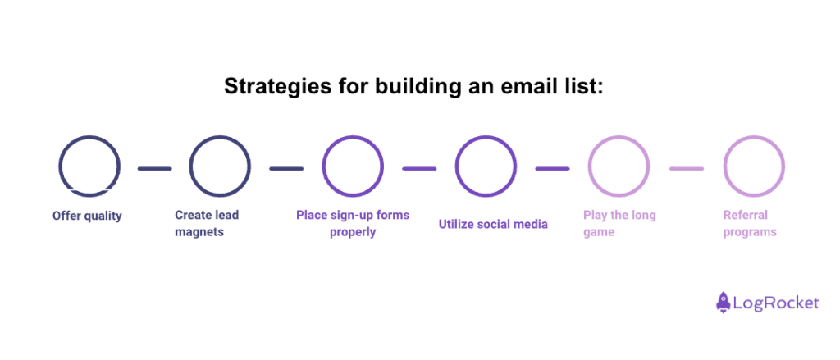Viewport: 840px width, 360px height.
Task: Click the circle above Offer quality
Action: [89, 168]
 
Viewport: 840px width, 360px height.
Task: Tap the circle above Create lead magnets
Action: [220, 168]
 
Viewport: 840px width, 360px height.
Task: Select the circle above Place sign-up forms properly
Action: [353, 168]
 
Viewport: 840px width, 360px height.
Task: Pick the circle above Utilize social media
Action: [486, 168]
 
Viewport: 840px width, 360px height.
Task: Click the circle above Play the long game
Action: [619, 168]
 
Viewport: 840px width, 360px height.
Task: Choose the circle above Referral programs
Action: [753, 168]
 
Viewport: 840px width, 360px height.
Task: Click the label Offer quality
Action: [87, 216]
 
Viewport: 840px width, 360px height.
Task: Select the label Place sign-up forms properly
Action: [353, 223]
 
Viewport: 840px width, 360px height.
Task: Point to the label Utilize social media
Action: [493, 224]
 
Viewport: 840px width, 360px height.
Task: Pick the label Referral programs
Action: [750, 223]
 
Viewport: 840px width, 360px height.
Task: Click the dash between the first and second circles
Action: [154, 169]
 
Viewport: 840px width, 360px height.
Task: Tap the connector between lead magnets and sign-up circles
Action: [286, 169]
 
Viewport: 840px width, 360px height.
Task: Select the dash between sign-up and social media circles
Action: [419, 169]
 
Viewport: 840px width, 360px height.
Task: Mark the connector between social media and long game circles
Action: [552, 169]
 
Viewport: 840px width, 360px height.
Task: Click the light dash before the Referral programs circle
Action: [686, 169]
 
